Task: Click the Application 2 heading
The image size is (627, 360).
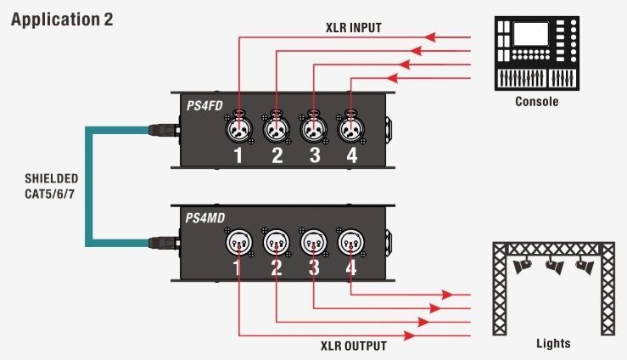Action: pos(62,20)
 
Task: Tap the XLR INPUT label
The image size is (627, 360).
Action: pos(354,28)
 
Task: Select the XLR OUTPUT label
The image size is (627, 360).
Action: pos(354,346)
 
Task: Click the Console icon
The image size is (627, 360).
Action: pos(536,53)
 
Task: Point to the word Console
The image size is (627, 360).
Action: pos(536,101)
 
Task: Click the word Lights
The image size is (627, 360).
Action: pos(553,343)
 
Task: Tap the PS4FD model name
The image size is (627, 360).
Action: pos(204,105)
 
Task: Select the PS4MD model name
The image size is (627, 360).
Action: pos(205,218)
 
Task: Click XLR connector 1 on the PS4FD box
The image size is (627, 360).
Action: pos(238,128)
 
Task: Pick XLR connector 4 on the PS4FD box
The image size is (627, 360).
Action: pos(350,128)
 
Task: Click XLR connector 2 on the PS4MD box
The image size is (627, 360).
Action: pos(277,242)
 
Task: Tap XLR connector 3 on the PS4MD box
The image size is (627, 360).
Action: pos(314,242)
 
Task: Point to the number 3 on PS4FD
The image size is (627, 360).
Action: pos(315,155)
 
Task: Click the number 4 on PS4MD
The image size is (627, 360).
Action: pos(351,267)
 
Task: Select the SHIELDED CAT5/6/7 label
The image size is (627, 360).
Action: pos(51,186)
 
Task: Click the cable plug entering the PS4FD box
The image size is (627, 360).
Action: pos(164,130)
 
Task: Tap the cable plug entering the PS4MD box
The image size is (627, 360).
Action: pos(164,242)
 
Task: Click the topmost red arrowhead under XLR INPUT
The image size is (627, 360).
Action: pos(430,37)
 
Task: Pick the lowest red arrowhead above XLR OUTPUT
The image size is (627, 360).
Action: pos(409,335)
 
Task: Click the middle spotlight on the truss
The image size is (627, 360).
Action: pos(554,266)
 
